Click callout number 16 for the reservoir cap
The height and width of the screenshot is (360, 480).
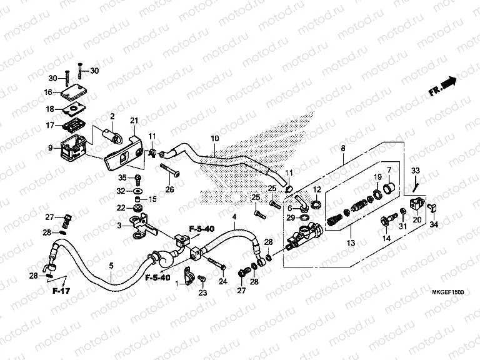point(48,92)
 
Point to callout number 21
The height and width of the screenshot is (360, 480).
point(133,121)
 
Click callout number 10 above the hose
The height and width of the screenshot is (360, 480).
point(214,138)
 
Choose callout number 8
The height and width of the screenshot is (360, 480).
point(342,148)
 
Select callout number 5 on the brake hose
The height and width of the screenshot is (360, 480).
point(111,266)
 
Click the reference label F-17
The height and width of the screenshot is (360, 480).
point(59,291)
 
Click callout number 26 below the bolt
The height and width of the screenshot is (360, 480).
point(169,190)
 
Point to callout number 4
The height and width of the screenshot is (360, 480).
point(235,217)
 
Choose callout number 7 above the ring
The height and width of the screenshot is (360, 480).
point(389,169)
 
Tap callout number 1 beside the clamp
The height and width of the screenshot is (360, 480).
point(177,284)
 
